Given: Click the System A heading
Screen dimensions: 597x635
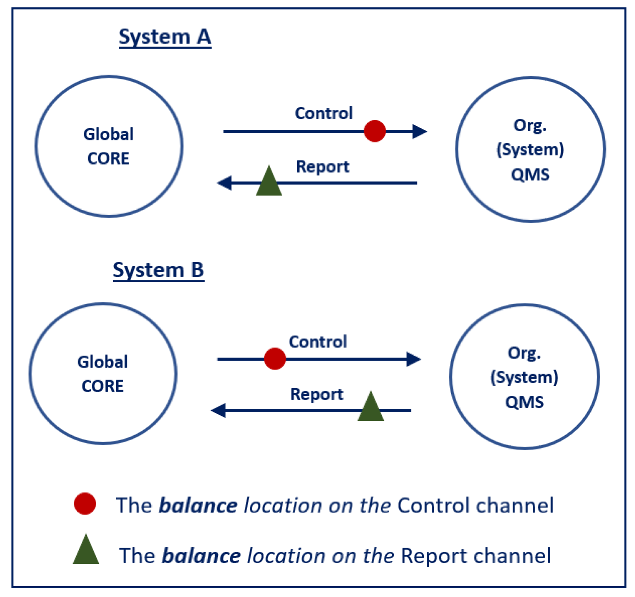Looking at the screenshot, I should [x=165, y=37].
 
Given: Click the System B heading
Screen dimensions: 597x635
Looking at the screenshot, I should [x=158, y=270].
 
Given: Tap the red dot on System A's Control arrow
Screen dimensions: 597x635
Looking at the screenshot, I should [x=374, y=131].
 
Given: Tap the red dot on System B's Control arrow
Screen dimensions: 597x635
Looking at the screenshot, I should [x=275, y=359].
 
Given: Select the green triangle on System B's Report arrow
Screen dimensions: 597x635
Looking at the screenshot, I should [x=371, y=408].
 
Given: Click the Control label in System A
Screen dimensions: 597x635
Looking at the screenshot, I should [x=323, y=114].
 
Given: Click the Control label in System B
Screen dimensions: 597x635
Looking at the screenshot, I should [x=318, y=342].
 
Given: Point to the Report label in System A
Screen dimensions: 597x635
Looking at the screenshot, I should [x=322, y=167].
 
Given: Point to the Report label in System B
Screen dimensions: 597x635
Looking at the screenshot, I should [x=317, y=394].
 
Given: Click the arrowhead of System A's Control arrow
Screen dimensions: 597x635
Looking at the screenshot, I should [x=420, y=132].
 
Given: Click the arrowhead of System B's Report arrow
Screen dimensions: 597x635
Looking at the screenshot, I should [x=218, y=410].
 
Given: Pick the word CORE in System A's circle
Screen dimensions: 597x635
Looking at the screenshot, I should [x=108, y=159].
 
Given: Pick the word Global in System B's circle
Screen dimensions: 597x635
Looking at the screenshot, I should [x=103, y=362].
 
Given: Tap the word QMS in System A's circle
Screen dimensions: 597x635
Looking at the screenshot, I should [x=530, y=175].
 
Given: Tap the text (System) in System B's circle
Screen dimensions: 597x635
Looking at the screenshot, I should [x=524, y=377].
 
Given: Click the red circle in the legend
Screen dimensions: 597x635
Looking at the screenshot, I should [x=85, y=504].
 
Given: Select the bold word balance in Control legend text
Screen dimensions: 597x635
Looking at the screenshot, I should [x=198, y=505].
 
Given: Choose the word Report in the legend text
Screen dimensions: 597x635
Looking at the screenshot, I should [x=434, y=556].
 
